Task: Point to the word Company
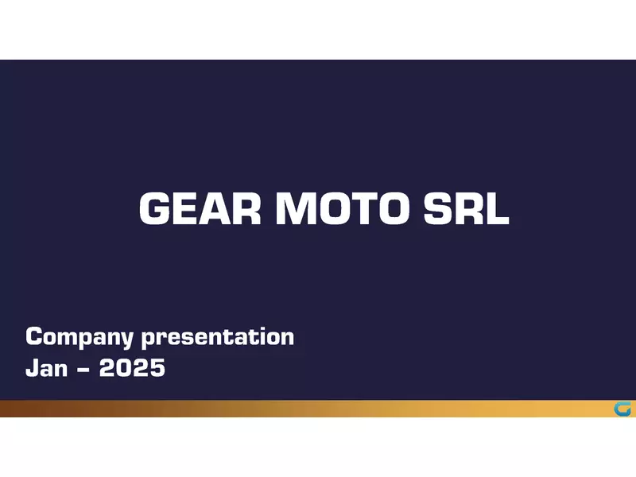pos(79,337)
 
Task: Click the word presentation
pos(218,337)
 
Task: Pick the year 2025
pos(132,368)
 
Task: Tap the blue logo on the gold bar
pos(622,409)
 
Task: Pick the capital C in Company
pos(33,337)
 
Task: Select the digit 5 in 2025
pos(157,368)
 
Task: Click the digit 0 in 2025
pos(124,368)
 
